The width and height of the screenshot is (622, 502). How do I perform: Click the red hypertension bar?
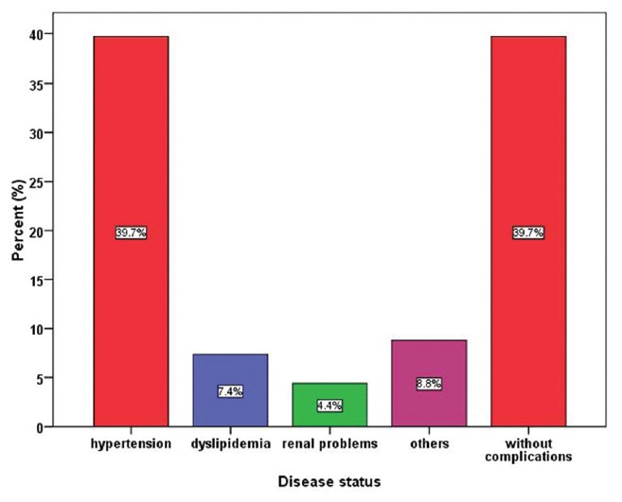(x=131, y=142)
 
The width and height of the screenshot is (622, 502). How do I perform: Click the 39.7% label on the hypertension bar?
(x=131, y=233)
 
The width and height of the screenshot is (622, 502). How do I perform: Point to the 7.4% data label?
(x=229, y=390)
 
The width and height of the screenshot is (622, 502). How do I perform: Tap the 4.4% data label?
(x=329, y=406)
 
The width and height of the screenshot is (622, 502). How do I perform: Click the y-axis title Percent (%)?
(x=18, y=228)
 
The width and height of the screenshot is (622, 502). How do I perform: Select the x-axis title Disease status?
(x=329, y=481)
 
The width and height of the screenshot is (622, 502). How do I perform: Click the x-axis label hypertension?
(x=131, y=442)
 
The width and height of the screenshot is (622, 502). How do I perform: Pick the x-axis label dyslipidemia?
(x=229, y=442)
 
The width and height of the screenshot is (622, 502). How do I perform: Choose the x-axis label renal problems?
(x=329, y=442)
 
